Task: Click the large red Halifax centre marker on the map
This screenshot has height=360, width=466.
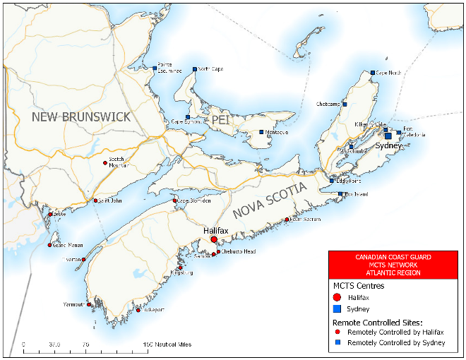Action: tap(214, 240)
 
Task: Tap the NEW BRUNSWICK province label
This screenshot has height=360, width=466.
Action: tap(80, 116)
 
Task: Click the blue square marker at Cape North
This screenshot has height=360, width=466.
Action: tap(373, 73)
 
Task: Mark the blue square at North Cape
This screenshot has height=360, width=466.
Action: tap(195, 69)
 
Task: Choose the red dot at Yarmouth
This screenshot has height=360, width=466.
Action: tap(89, 305)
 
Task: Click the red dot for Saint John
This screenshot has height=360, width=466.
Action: tap(95, 200)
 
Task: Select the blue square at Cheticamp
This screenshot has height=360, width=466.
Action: tap(345, 104)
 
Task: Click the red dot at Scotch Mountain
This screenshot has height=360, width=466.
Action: tap(105, 163)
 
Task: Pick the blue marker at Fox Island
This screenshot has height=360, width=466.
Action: tap(340, 193)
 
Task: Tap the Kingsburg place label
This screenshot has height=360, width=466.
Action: tap(182, 273)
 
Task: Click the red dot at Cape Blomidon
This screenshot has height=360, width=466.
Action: tap(175, 201)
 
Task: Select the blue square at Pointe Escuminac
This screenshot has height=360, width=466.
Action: tap(155, 68)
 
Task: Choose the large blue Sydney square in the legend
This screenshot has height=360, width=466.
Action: tap(337, 309)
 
